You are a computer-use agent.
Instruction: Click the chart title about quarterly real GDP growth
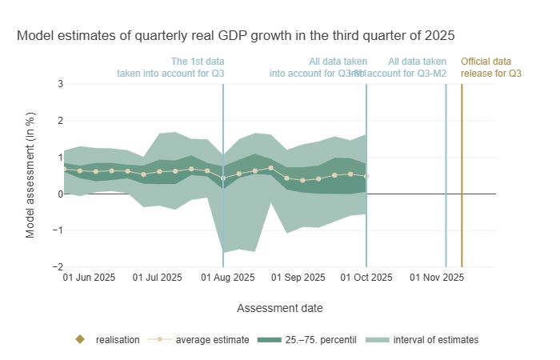pos(235,36)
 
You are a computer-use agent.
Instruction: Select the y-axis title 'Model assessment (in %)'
pos(30,174)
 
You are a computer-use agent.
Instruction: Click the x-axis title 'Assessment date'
pos(280,307)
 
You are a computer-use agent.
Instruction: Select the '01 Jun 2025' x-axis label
pos(89,278)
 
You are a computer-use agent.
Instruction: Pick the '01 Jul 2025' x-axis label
pos(157,278)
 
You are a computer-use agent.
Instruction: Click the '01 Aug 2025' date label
pos(228,278)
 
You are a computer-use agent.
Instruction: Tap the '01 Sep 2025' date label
pos(298,278)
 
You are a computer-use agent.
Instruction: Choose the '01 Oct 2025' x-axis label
pos(366,278)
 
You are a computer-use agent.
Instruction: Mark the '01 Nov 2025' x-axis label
pos(437,278)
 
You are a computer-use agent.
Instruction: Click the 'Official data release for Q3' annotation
pos(486,67)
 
